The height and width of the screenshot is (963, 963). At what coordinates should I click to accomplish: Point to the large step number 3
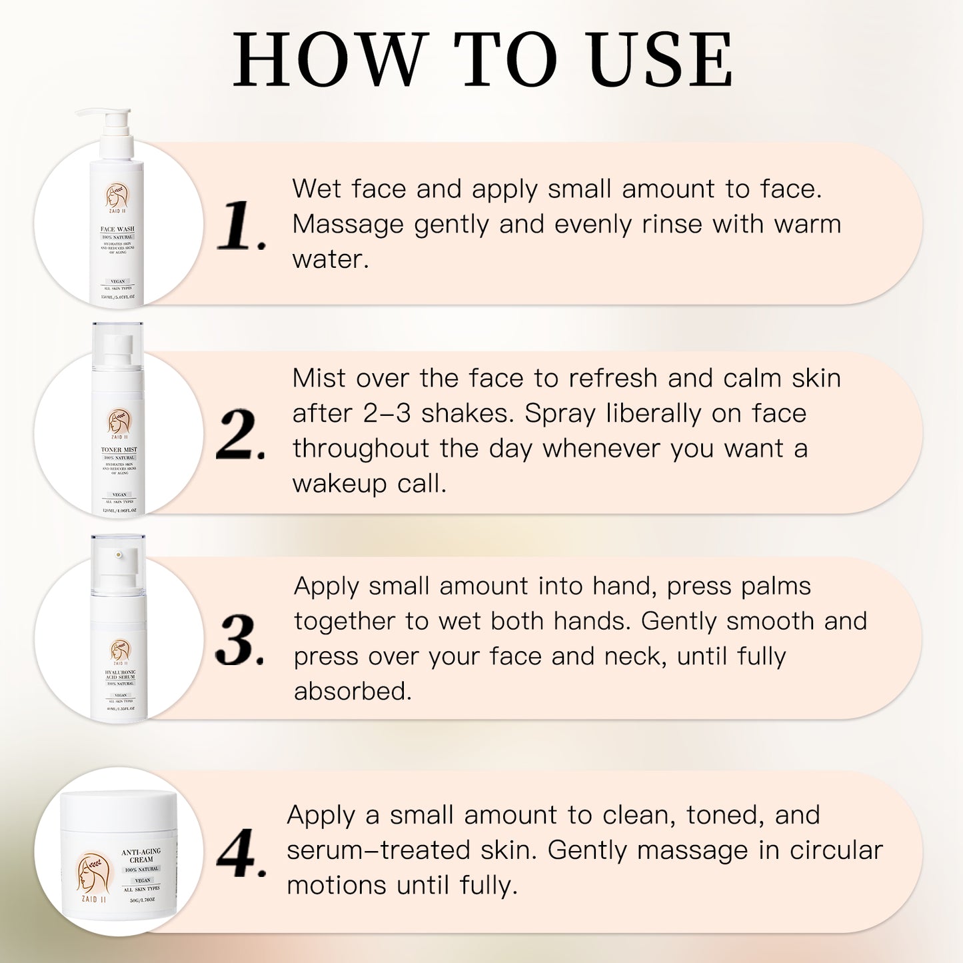click(239, 641)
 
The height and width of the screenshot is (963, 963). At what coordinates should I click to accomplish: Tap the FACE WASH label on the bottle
click(117, 229)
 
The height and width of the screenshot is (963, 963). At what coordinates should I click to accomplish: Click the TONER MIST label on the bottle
click(119, 450)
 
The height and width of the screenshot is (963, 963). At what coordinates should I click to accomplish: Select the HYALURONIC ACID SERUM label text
click(120, 674)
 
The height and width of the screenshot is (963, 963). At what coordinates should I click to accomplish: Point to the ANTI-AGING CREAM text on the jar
click(141, 856)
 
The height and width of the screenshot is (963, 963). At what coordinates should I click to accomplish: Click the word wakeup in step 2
click(339, 484)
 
